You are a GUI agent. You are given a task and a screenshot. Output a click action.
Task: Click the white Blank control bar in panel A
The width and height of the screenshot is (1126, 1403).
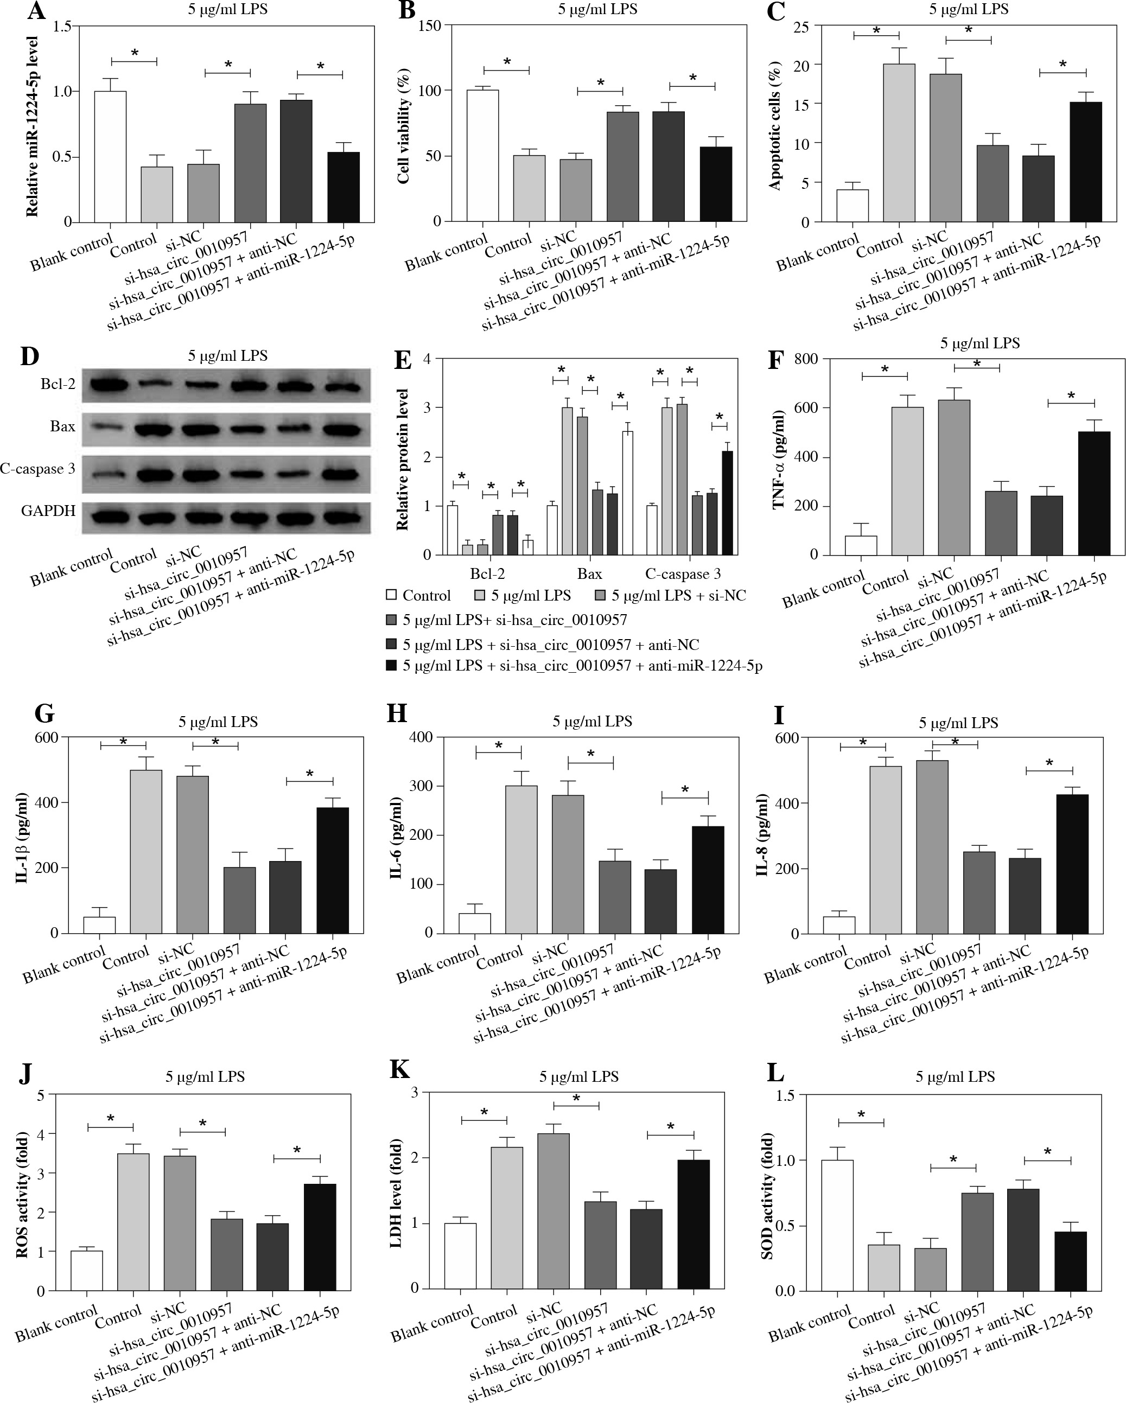click(x=110, y=156)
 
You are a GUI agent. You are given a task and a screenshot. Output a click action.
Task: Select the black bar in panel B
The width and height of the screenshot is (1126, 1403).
click(x=715, y=184)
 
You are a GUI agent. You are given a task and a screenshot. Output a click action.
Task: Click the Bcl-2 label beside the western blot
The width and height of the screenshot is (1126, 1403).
click(x=58, y=384)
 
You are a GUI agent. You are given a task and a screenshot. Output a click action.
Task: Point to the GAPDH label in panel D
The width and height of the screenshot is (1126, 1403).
click(x=48, y=511)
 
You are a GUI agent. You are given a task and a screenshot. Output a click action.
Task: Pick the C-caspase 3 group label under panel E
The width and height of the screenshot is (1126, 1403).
click(x=683, y=574)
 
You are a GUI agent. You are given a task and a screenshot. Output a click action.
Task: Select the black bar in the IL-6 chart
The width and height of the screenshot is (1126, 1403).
click(x=708, y=879)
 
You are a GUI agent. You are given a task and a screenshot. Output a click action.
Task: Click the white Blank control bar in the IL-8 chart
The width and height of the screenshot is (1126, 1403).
click(x=839, y=924)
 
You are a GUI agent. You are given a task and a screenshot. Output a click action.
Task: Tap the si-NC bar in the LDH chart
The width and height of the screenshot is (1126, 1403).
click(x=554, y=1210)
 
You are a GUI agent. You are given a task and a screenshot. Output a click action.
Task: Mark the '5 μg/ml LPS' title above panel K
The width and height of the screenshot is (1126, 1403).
click(x=578, y=1077)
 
